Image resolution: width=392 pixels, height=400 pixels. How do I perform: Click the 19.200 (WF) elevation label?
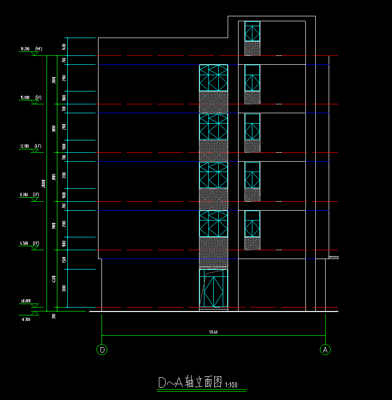[30, 49]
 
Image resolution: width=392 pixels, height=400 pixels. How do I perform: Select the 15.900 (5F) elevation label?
[30, 97]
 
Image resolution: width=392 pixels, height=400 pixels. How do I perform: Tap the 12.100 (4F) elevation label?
[30, 146]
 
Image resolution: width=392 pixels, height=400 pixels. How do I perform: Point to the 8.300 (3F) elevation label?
[29, 195]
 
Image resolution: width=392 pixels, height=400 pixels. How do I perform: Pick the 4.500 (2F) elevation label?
[29, 243]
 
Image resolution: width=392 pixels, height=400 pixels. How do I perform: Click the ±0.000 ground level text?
[26, 301]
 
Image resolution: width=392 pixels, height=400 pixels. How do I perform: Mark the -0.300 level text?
[26, 319]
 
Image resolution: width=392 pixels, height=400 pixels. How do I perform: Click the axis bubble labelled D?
[102, 350]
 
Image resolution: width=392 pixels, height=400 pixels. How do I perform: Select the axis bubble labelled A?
[325, 350]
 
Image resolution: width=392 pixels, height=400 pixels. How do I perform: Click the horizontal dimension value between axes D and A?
[213, 332]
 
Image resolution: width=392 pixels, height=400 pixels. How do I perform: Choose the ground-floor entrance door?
[213, 289]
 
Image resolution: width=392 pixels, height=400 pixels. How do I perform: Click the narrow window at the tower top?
[252, 31]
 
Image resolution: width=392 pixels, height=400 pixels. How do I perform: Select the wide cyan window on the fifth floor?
[213, 78]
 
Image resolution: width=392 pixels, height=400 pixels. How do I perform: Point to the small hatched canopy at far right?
[334, 257]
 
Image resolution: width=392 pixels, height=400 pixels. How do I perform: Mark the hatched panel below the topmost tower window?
[252, 48]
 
